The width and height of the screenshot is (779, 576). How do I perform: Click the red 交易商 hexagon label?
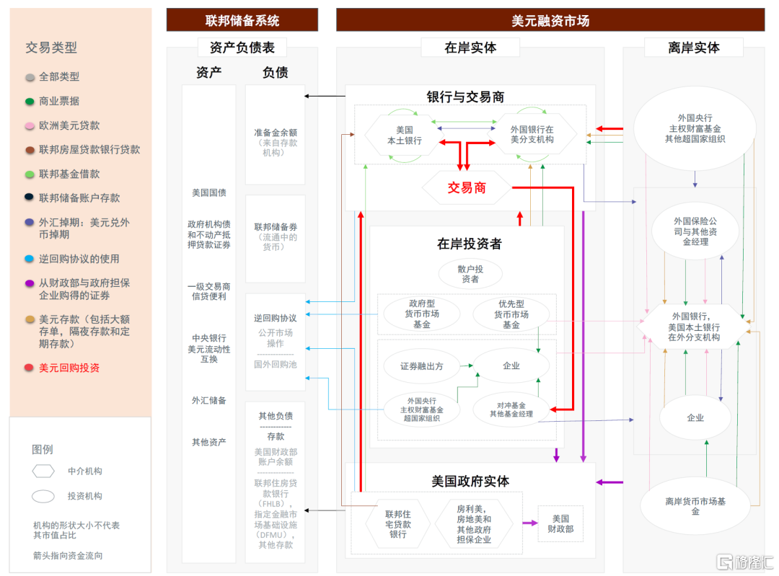click(x=467, y=187)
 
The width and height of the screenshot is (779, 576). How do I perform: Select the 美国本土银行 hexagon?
click(x=405, y=135)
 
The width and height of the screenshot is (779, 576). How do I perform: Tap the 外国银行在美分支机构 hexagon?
click(x=532, y=135)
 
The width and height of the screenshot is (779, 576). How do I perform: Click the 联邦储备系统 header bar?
click(x=242, y=20)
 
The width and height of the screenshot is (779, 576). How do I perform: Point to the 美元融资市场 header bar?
click(x=550, y=20)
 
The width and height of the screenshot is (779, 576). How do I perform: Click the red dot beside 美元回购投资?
click(x=30, y=368)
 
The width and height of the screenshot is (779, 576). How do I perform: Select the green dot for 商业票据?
click(x=30, y=102)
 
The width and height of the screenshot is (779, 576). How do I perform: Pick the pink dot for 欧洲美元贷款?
click(x=30, y=125)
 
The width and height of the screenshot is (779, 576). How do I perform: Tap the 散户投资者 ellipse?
click(x=470, y=274)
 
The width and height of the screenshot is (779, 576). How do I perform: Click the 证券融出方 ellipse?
click(x=422, y=366)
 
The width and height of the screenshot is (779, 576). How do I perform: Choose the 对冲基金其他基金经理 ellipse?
click(x=511, y=409)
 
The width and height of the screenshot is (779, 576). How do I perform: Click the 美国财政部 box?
click(x=560, y=524)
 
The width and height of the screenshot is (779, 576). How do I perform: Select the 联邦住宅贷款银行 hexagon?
click(x=397, y=524)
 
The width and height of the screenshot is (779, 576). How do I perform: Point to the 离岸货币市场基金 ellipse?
click(x=695, y=506)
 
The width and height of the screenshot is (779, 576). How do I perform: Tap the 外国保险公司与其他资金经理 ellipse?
click(x=695, y=231)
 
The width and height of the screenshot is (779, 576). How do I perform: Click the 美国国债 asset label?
click(x=209, y=192)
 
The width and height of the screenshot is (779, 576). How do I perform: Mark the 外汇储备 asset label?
click(x=209, y=400)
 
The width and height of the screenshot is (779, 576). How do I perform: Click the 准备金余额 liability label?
click(x=276, y=133)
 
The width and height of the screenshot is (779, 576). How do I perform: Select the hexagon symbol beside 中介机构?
click(x=43, y=471)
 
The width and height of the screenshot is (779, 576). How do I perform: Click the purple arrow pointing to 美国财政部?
click(x=530, y=523)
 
